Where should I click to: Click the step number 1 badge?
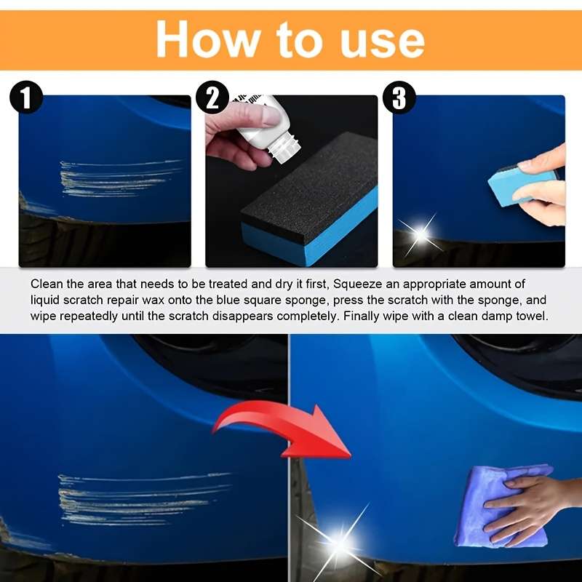[x=26, y=97]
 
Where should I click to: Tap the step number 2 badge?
[x=212, y=97]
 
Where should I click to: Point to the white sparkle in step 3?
[x=420, y=234]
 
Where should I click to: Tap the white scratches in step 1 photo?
[x=116, y=177]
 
